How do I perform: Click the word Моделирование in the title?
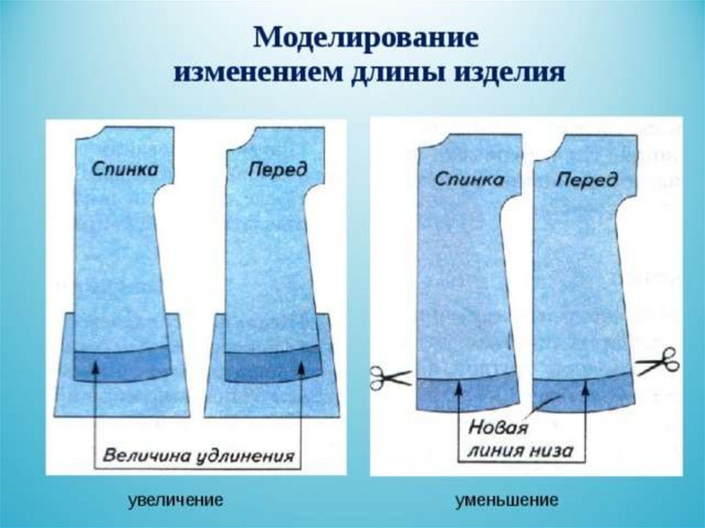(366, 37)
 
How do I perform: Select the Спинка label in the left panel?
(125, 169)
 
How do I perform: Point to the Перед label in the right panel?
(587, 180)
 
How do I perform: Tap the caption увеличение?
(176, 500)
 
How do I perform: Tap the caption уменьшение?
(506, 500)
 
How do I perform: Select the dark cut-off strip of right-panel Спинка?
(466, 394)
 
